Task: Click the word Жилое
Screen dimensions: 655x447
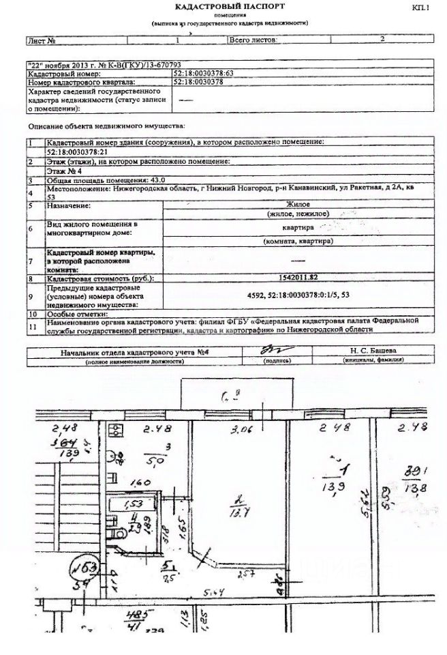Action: pyautogui.click(x=297, y=205)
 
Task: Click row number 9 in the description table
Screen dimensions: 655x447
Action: pyautogui.click(x=31, y=296)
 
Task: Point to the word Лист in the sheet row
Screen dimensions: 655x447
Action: pyautogui.click(x=35, y=40)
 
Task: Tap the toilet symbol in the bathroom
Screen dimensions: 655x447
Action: pyautogui.click(x=117, y=530)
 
